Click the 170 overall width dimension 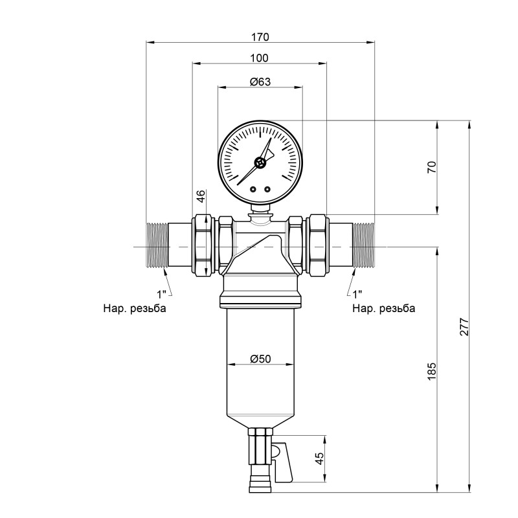(x=260, y=36)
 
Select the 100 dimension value (x=260, y=58)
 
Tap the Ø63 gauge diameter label (x=260, y=82)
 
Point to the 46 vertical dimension (x=201, y=196)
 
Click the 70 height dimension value (x=433, y=166)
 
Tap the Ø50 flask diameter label (x=260, y=358)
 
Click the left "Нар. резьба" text (x=134, y=308)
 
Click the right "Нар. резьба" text (x=384, y=308)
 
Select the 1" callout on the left (x=160, y=294)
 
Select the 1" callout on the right (x=357, y=294)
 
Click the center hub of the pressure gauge (x=260, y=163)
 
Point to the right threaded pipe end (x=363, y=245)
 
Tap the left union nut (x=205, y=245)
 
